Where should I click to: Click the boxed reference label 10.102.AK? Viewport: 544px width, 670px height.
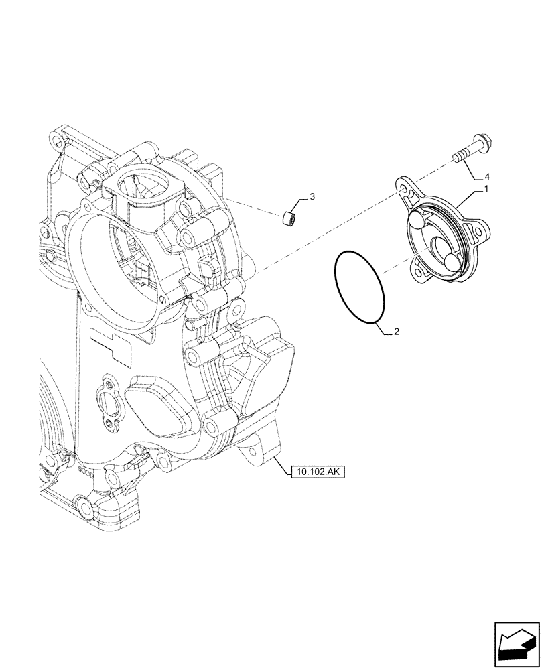317,472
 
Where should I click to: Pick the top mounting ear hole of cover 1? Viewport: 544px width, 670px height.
404,190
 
